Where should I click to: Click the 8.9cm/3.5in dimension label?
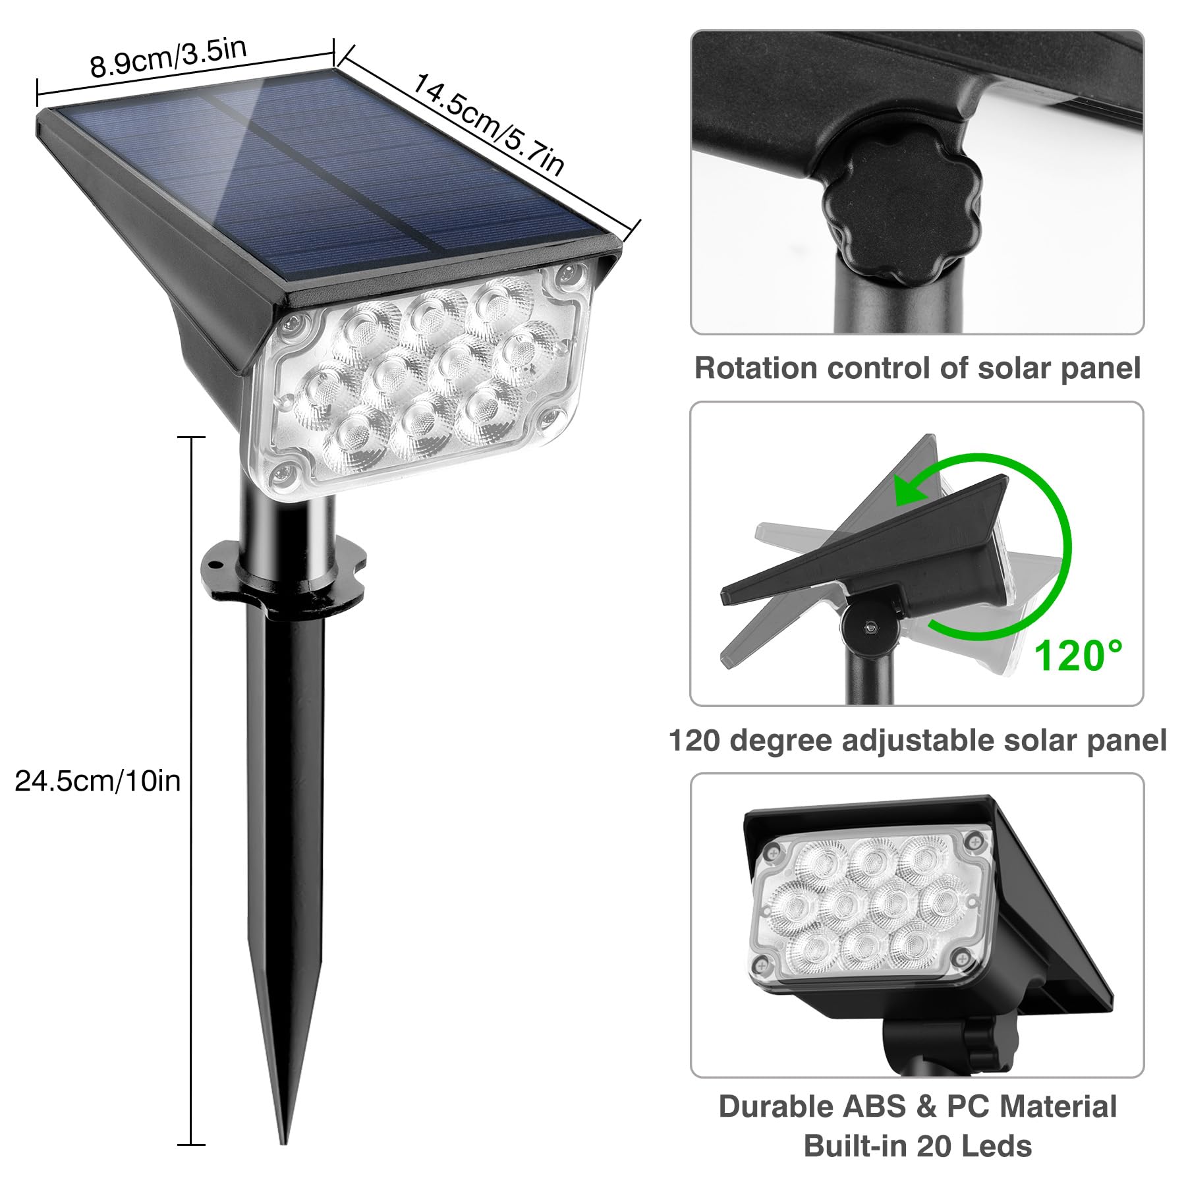coord(169,58)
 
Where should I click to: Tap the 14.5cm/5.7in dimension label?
coord(488,126)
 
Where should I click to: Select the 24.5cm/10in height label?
coord(98,781)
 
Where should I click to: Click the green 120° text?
coord(1077,656)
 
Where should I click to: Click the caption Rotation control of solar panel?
coord(917,368)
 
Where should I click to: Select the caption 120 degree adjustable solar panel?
coord(917,740)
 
